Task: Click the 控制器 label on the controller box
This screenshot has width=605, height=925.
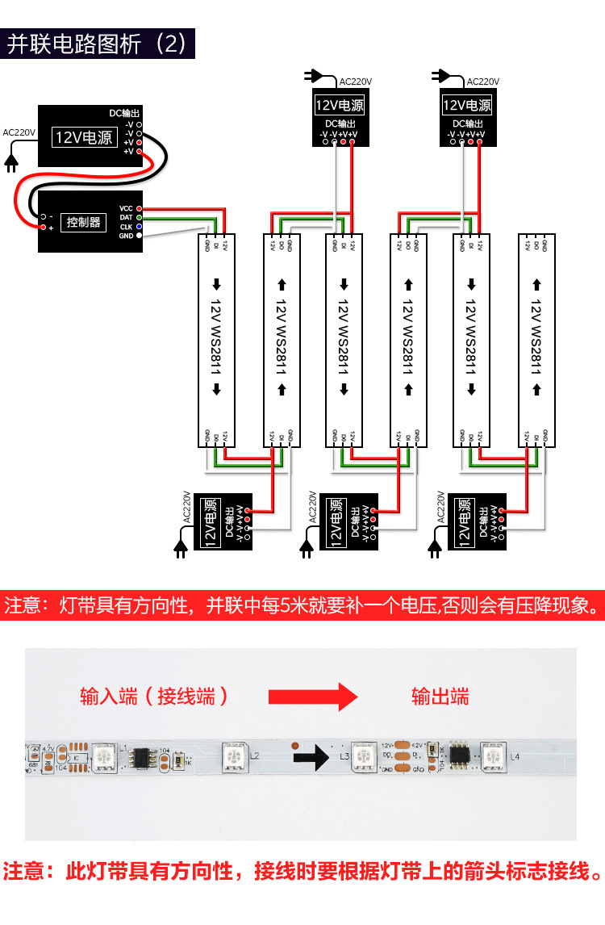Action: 84,222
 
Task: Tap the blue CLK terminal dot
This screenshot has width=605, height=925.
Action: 139,227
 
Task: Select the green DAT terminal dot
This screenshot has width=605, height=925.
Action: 139,217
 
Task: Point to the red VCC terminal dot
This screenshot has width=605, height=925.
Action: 139,208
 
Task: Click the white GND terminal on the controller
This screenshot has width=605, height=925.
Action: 139,236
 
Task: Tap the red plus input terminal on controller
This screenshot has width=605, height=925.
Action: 42,228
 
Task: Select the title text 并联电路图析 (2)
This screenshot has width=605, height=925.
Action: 97,44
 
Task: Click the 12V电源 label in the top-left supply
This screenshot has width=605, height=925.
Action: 83,137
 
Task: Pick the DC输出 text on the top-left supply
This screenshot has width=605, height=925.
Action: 124,114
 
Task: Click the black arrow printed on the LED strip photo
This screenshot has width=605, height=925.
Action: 310,756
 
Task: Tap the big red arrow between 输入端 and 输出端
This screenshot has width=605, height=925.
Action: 312,696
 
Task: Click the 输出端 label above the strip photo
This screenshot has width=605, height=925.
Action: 440,696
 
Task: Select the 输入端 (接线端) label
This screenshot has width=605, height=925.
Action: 154,696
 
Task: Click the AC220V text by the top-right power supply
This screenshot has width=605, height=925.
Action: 483,82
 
